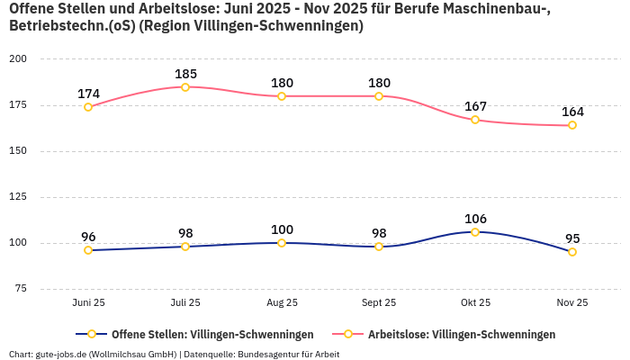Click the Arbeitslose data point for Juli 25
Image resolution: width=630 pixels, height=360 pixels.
(185, 87)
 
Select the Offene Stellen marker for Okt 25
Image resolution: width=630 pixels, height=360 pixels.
(475, 232)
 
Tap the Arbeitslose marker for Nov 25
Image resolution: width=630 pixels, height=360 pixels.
(572, 125)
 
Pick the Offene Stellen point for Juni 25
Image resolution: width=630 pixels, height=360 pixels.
(88, 250)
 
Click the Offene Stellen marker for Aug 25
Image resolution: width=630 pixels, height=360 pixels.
(282, 243)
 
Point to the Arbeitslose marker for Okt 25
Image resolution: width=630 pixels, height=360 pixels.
(475, 120)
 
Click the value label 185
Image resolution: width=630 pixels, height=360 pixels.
(185, 74)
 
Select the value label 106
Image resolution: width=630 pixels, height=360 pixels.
(475, 219)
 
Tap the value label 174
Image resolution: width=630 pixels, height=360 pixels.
(88, 94)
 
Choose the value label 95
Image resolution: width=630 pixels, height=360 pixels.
(572, 238)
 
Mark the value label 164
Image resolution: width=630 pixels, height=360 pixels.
(572, 112)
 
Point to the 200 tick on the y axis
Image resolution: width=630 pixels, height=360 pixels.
(18, 59)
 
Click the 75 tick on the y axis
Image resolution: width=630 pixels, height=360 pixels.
(21, 289)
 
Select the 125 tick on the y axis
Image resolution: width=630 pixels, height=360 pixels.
(18, 197)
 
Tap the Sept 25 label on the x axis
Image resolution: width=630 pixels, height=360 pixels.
(379, 303)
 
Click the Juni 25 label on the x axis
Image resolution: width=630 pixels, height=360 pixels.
(88, 303)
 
